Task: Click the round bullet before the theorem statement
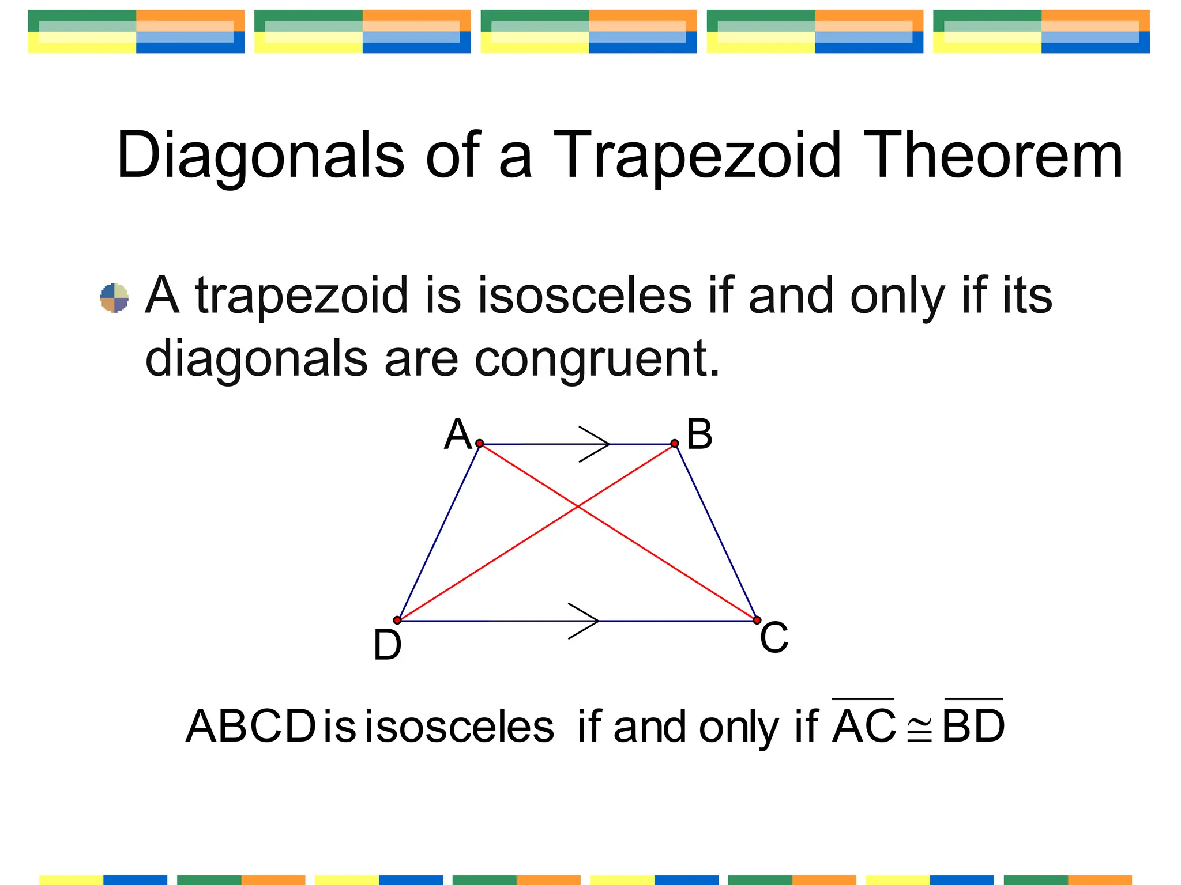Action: tap(114, 297)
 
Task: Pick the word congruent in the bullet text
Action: tap(597, 358)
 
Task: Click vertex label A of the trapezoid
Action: tap(458, 435)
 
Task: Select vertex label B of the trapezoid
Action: tap(699, 435)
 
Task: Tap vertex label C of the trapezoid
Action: tap(774, 637)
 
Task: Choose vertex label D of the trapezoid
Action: tap(388, 645)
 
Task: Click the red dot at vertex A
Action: tap(480, 443)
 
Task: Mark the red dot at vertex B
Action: tap(675, 443)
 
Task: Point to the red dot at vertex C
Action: tap(757, 620)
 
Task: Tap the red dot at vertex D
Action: tap(397, 620)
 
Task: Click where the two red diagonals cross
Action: tap(577, 506)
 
